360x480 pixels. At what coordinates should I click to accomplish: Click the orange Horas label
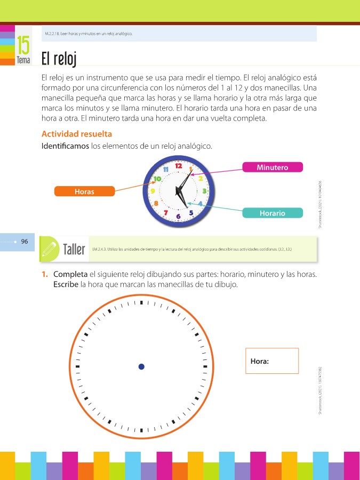coord(84,191)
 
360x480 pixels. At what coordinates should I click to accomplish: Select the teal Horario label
coord(272,213)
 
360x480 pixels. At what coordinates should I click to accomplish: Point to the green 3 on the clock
coord(204,190)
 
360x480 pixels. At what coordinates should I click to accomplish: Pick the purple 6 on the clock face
coord(178,216)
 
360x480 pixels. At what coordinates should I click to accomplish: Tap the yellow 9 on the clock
coord(153,190)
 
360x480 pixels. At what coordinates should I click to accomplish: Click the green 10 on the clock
coord(158,179)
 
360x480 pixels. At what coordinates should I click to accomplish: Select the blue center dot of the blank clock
coord(141,366)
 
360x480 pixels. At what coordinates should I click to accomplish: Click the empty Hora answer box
coord(272,361)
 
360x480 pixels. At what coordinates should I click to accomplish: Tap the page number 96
coord(25,241)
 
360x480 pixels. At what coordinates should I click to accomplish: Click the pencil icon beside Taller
coord(50,248)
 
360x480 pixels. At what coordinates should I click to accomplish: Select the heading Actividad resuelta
coord(76,133)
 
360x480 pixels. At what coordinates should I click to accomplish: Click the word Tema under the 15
coord(23,60)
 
